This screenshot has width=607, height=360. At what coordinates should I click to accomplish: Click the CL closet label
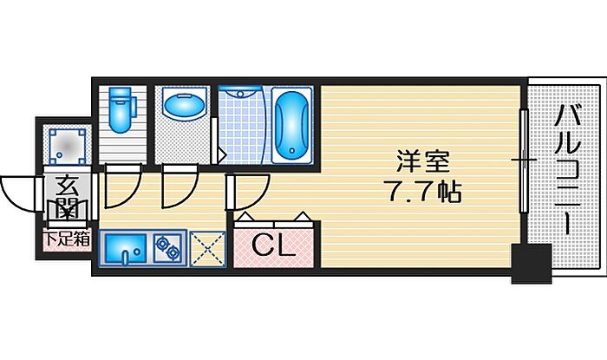[273, 246]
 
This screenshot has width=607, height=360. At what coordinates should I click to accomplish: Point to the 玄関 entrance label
[66, 196]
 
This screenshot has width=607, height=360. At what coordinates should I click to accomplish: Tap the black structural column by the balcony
[531, 263]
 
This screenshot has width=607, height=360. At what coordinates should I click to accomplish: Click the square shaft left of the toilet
[67, 145]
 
